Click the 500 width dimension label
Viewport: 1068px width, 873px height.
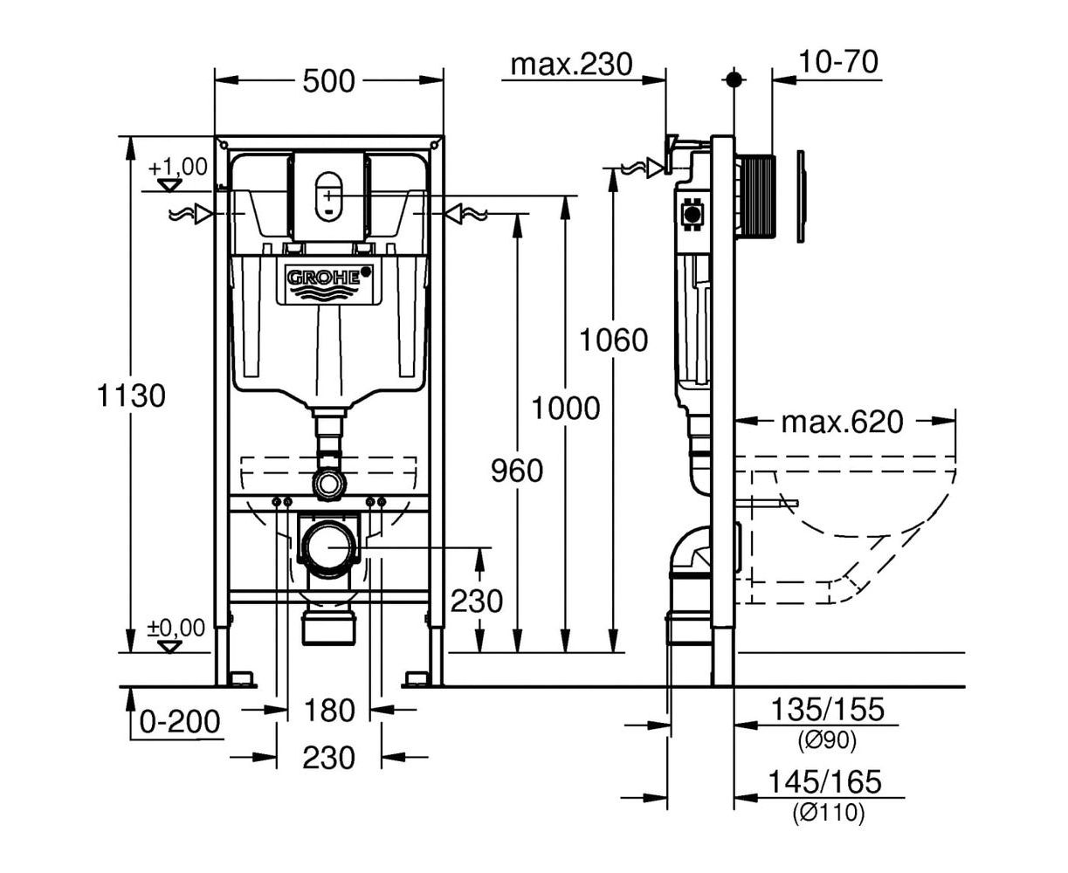(329, 81)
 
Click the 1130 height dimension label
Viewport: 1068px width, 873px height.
(131, 395)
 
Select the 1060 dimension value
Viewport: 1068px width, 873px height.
(615, 339)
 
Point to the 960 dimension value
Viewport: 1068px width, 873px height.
(516, 471)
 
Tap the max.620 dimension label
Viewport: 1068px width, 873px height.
(842, 423)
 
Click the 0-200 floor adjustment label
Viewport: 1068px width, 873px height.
(180, 722)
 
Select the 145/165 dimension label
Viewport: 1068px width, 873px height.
(826, 781)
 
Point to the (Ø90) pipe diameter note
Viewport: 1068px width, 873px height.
(826, 741)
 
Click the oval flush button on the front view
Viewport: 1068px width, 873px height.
(329, 193)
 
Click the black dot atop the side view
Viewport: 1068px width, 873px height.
(734, 79)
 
